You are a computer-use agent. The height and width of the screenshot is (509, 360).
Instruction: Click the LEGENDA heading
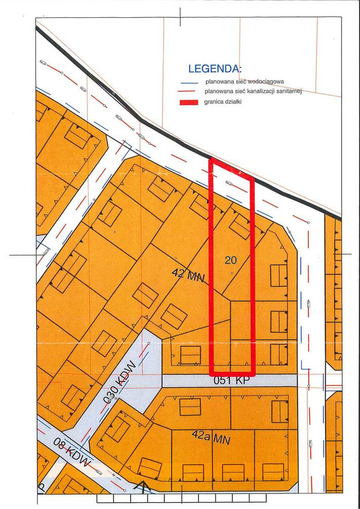click(215, 69)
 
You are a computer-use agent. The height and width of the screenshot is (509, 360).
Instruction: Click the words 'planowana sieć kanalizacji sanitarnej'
click(254, 91)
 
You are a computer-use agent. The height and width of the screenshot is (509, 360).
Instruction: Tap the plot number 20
click(231, 259)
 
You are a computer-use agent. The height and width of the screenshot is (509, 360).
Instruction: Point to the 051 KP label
click(230, 381)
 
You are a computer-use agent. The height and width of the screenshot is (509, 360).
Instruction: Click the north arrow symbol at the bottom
click(143, 487)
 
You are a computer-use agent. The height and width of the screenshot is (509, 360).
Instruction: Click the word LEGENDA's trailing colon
click(241, 69)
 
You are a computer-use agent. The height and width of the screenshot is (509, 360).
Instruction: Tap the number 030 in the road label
click(111, 393)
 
